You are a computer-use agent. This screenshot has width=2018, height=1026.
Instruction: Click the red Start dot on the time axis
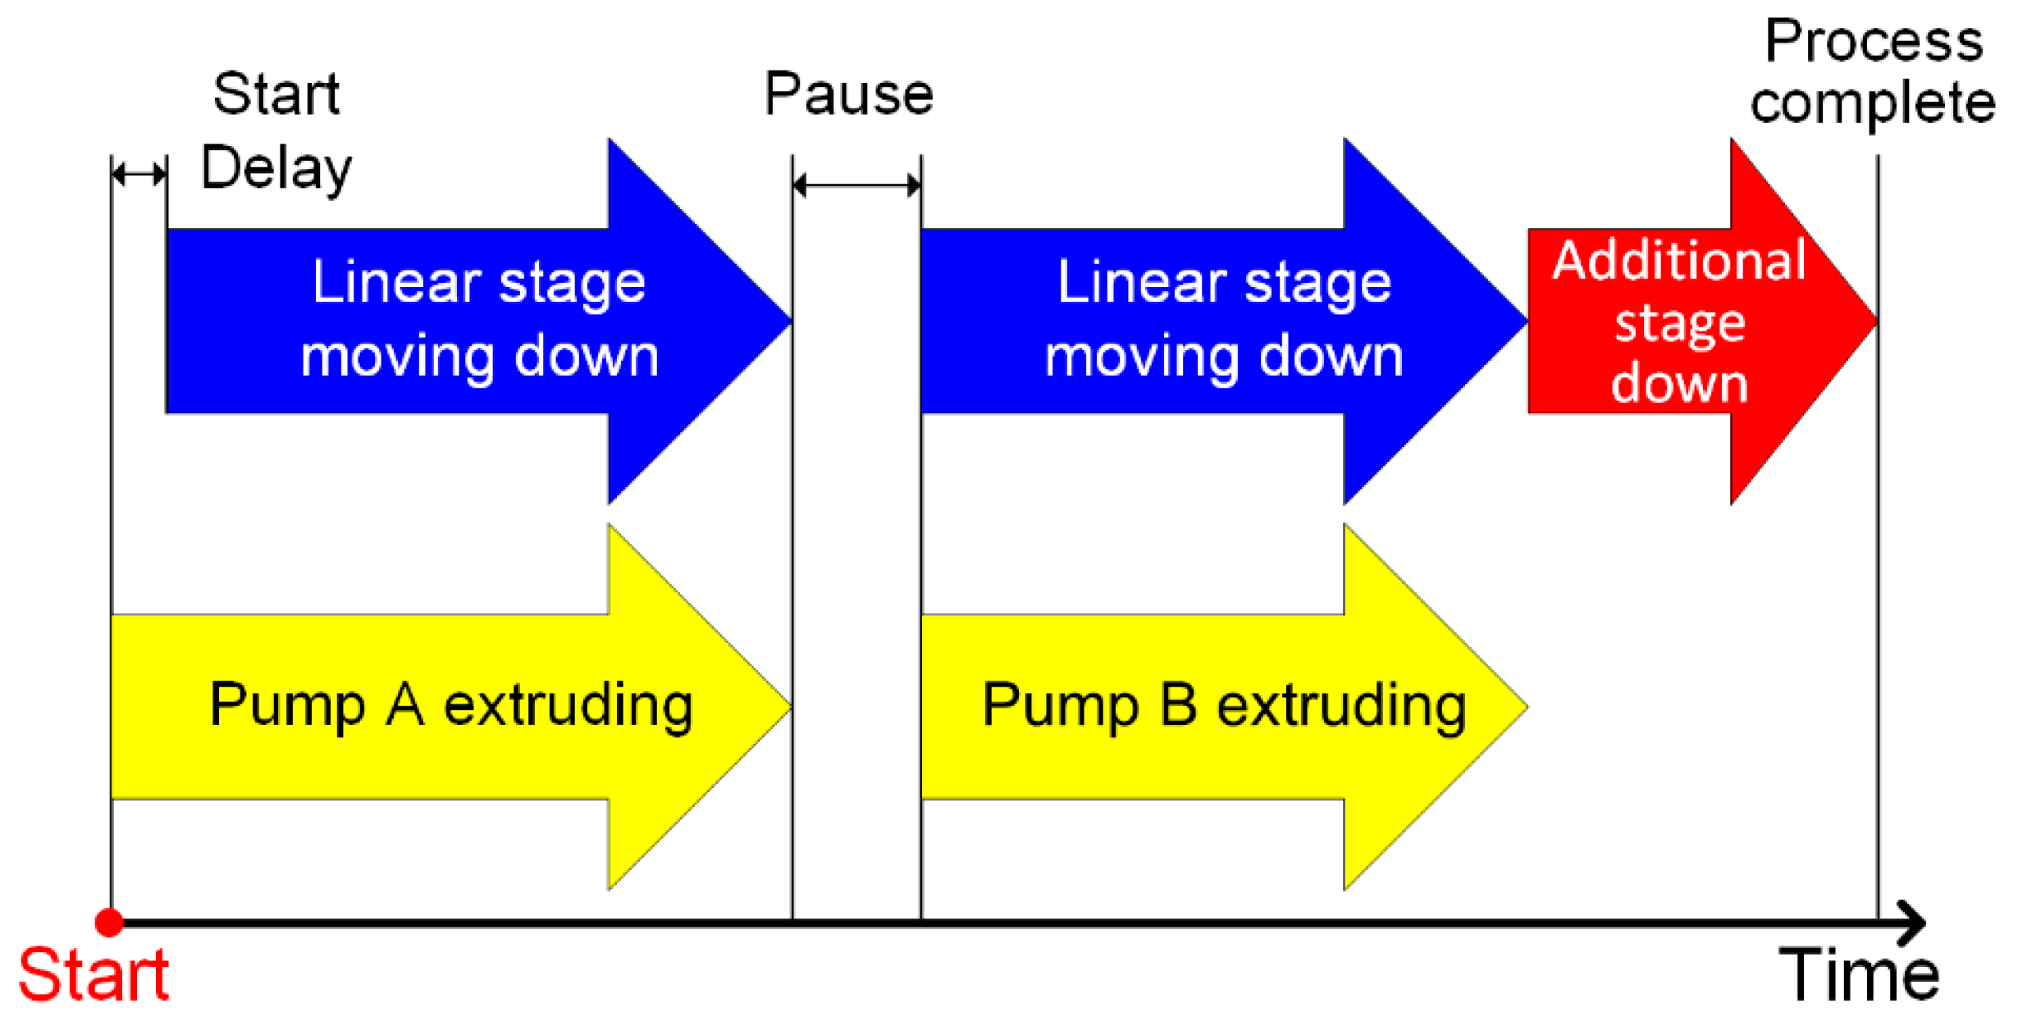(x=109, y=923)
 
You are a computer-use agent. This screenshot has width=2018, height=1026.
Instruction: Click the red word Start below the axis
(x=94, y=975)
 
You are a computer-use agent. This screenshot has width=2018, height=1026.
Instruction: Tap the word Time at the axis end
(x=1859, y=975)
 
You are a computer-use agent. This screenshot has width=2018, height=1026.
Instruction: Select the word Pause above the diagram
(x=849, y=93)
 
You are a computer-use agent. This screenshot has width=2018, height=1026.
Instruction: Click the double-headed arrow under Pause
(x=857, y=185)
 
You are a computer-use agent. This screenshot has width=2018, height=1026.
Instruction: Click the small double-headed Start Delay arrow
(x=139, y=174)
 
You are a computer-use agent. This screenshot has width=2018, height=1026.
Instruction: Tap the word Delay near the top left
(x=276, y=170)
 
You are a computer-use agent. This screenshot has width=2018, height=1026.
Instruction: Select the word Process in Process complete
(x=1874, y=41)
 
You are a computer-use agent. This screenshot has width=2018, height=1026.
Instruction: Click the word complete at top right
(x=1873, y=104)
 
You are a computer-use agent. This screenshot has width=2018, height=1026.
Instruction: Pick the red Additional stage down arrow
(x=1703, y=321)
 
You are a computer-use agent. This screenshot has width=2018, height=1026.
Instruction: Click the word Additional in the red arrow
(x=1679, y=260)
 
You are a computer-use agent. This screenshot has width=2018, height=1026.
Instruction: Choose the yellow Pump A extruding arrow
(x=451, y=706)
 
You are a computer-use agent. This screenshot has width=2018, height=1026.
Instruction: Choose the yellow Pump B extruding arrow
(x=1224, y=706)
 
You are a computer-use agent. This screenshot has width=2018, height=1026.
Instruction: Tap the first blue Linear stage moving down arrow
(x=479, y=321)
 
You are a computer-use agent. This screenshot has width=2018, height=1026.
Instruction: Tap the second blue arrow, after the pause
(x=1224, y=321)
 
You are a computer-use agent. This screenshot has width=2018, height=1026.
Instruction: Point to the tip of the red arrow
(x=1878, y=321)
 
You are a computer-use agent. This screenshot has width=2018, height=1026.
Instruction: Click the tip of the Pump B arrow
(x=1527, y=706)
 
